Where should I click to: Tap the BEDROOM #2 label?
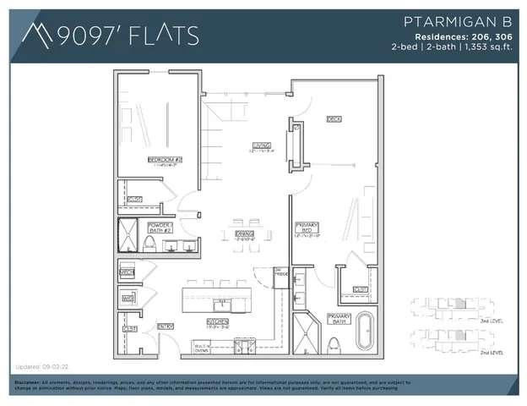pos(165,159)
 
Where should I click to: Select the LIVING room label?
pos(261,145)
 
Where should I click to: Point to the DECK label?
pos(334,120)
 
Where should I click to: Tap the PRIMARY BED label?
pos(307,227)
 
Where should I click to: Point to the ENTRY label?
pos(166,326)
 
